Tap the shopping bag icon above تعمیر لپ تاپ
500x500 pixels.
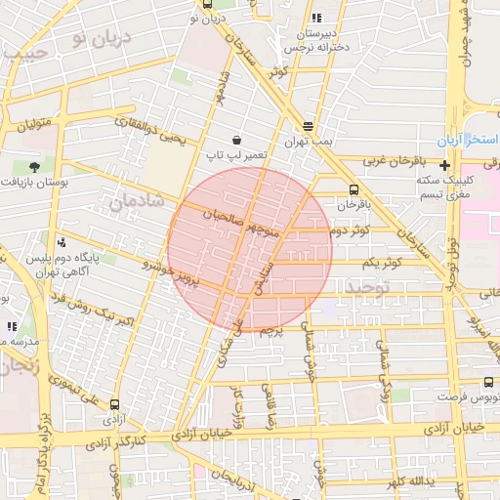(x=237, y=140)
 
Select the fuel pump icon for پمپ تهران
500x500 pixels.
(x=309, y=126)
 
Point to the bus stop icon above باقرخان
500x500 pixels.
(x=353, y=190)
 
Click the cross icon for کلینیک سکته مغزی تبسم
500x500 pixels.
(x=444, y=165)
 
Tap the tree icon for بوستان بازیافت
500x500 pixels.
(x=34, y=167)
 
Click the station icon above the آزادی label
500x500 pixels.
(x=115, y=403)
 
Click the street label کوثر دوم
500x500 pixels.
(x=350, y=230)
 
